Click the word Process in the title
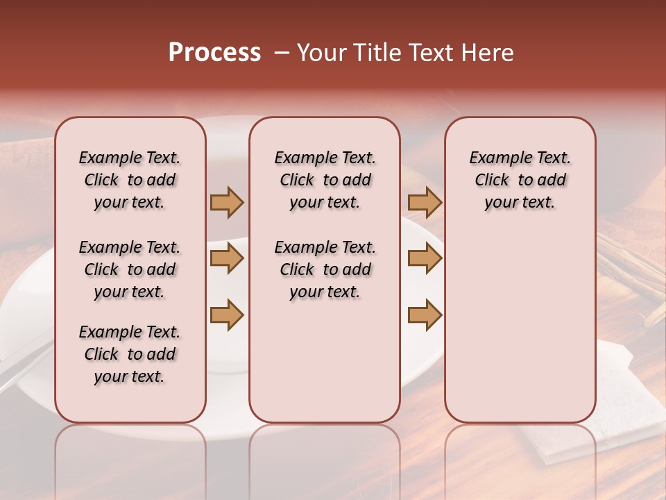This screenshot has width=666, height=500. (214, 53)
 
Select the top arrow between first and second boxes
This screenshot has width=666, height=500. (227, 202)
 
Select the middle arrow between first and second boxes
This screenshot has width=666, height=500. (227, 258)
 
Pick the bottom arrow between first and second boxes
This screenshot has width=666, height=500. (227, 315)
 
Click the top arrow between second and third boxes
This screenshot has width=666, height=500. (425, 202)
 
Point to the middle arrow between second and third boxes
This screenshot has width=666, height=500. (425, 258)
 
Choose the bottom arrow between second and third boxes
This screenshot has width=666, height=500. (425, 315)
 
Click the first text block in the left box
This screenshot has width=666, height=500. (130, 180)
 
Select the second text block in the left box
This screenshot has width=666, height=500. (130, 269)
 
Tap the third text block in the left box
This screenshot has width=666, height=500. (130, 354)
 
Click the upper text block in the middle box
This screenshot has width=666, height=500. (325, 180)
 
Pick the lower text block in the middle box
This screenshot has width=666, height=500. (325, 269)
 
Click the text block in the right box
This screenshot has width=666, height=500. (520, 180)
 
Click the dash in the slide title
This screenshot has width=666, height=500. (280, 53)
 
